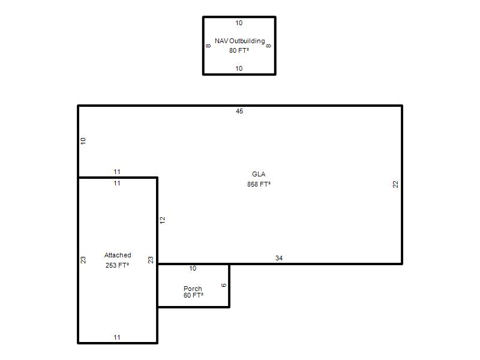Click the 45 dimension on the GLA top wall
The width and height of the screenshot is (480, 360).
pyautogui.click(x=239, y=111)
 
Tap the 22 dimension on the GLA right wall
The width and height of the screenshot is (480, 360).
pyautogui.click(x=395, y=184)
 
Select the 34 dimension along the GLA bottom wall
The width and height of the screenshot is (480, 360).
pyautogui.click(x=279, y=258)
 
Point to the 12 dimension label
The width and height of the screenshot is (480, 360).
pyautogui.click(x=162, y=220)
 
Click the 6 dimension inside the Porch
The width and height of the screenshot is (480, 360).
pyautogui.click(x=224, y=285)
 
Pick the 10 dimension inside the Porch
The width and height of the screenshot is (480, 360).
pyautogui.click(x=193, y=268)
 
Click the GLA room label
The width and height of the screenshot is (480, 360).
pyautogui.click(x=259, y=174)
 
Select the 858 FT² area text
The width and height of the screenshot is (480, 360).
pyautogui.click(x=259, y=184)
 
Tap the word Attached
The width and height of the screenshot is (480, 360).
pyautogui.click(x=118, y=255)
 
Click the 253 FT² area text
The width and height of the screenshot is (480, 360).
pyautogui.click(x=117, y=265)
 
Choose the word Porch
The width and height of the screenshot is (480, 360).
pyautogui.click(x=193, y=289)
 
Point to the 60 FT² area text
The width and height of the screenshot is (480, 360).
pyautogui.click(x=193, y=295)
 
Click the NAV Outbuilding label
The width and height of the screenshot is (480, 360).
pyautogui.click(x=239, y=41)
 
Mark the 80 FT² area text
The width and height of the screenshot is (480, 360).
pyautogui.click(x=239, y=50)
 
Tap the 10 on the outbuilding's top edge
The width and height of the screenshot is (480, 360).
pyautogui.click(x=239, y=23)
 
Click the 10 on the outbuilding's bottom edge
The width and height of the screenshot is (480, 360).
pyautogui.click(x=239, y=68)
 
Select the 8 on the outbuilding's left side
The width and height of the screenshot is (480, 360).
pyautogui.click(x=208, y=46)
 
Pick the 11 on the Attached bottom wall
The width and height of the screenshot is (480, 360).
pyautogui.click(x=117, y=337)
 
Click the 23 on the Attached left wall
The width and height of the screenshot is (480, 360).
pyautogui.click(x=83, y=260)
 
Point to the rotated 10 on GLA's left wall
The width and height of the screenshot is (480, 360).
pyautogui.click(x=83, y=141)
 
